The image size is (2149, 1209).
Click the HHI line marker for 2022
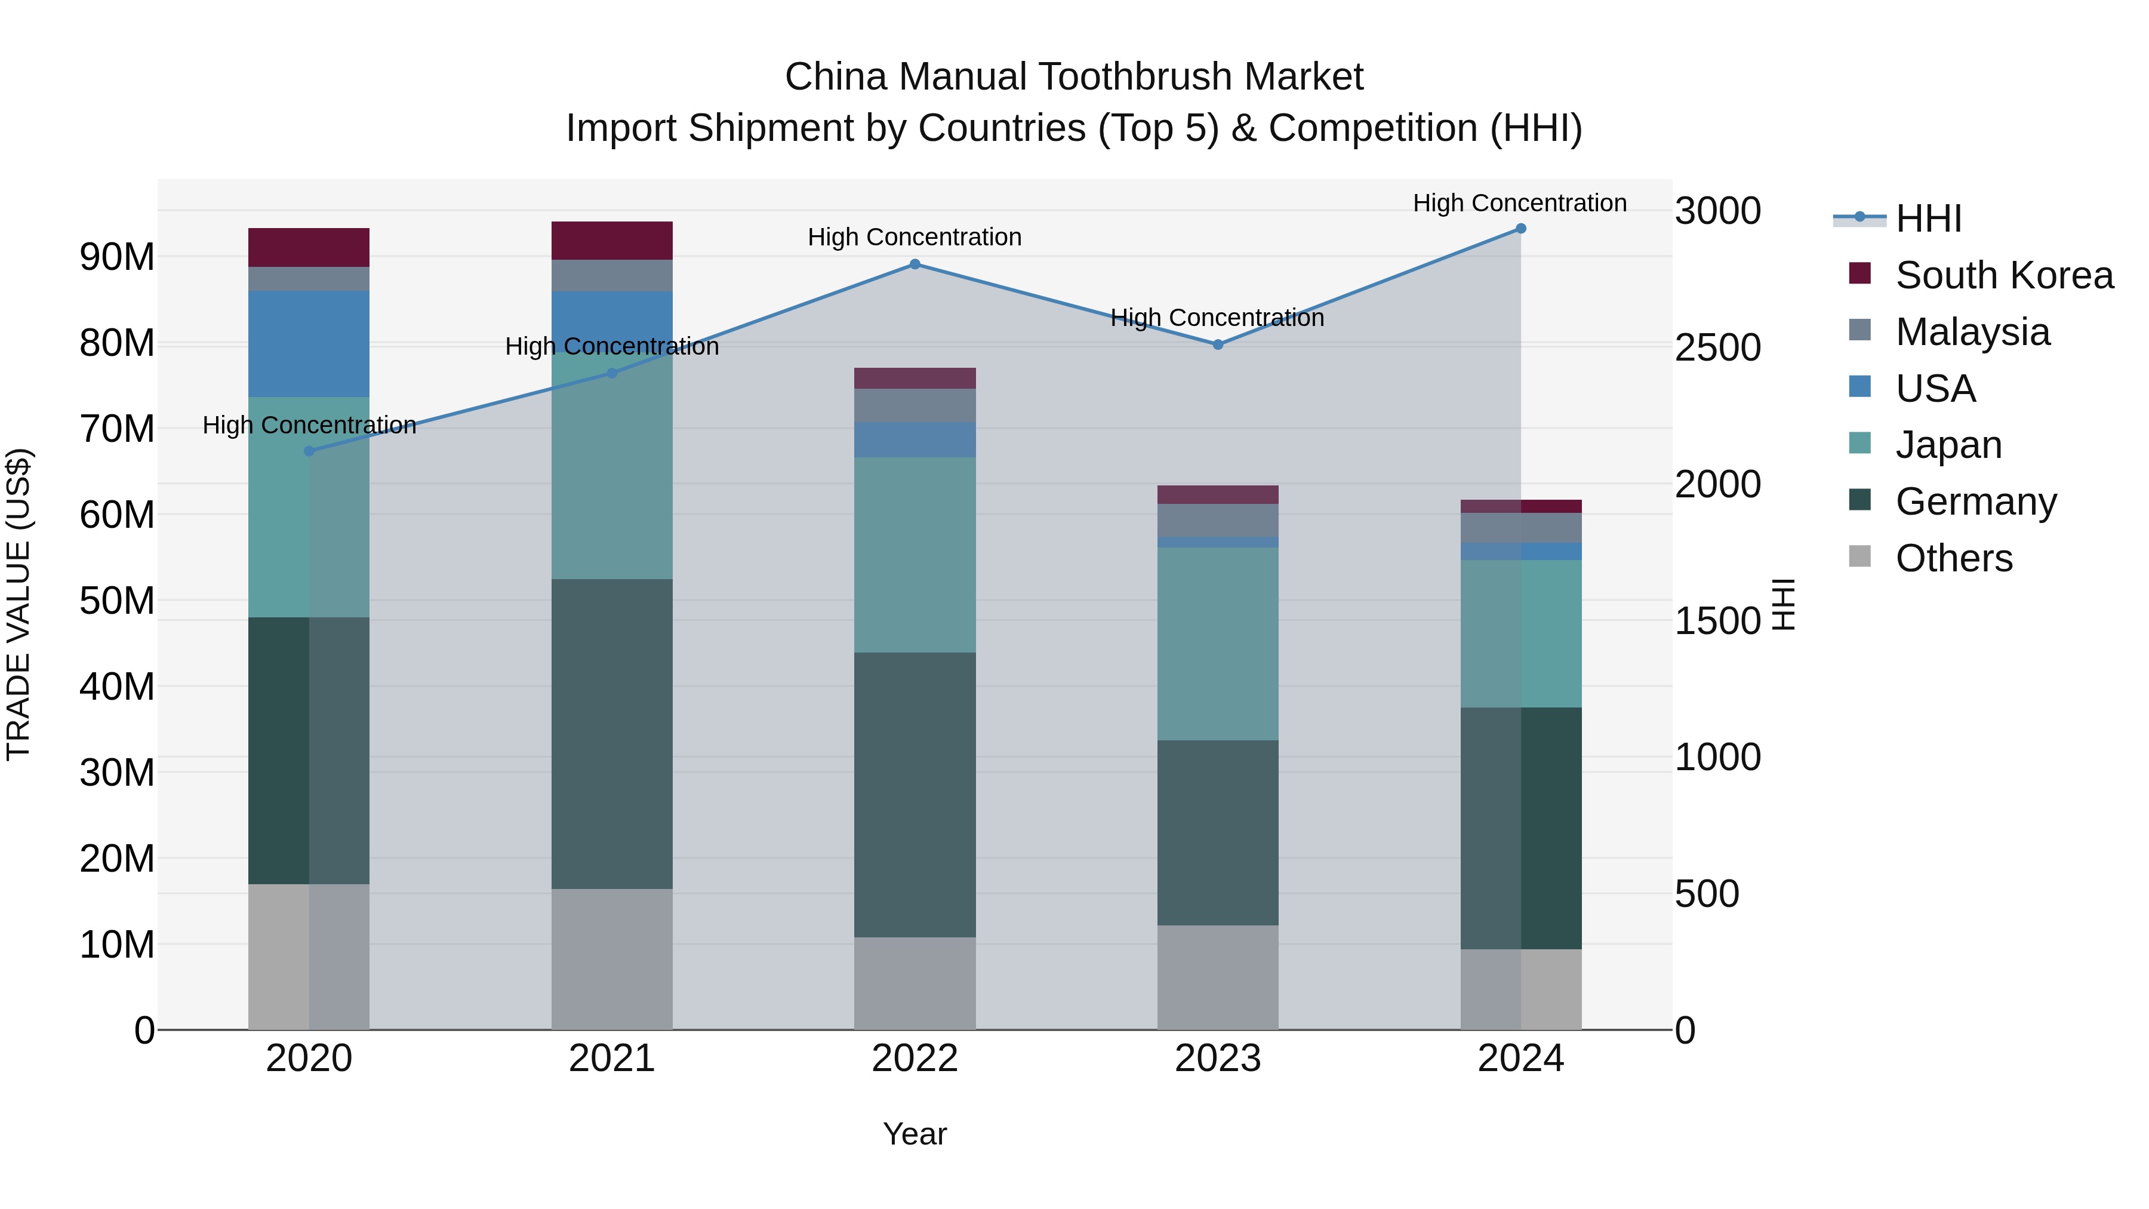[915, 264]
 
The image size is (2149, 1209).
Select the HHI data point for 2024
[1520, 229]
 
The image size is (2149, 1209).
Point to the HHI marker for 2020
[309, 451]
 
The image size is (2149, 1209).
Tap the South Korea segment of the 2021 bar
[611, 240]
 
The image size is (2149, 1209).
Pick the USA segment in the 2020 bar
[309, 344]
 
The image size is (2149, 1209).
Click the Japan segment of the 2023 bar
[1217, 643]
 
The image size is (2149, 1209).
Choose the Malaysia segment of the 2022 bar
[915, 405]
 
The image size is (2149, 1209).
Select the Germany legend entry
[1975, 502]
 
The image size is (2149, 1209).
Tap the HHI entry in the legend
[1928, 219]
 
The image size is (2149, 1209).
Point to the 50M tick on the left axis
[117, 601]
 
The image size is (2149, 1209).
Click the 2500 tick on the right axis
[1717, 348]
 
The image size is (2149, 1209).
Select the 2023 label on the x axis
[1217, 1059]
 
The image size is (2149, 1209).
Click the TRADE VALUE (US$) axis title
[19, 604]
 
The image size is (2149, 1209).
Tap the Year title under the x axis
[915, 1134]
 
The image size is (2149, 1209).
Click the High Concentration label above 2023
[1217, 318]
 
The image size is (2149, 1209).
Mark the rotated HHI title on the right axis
[1782, 604]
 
